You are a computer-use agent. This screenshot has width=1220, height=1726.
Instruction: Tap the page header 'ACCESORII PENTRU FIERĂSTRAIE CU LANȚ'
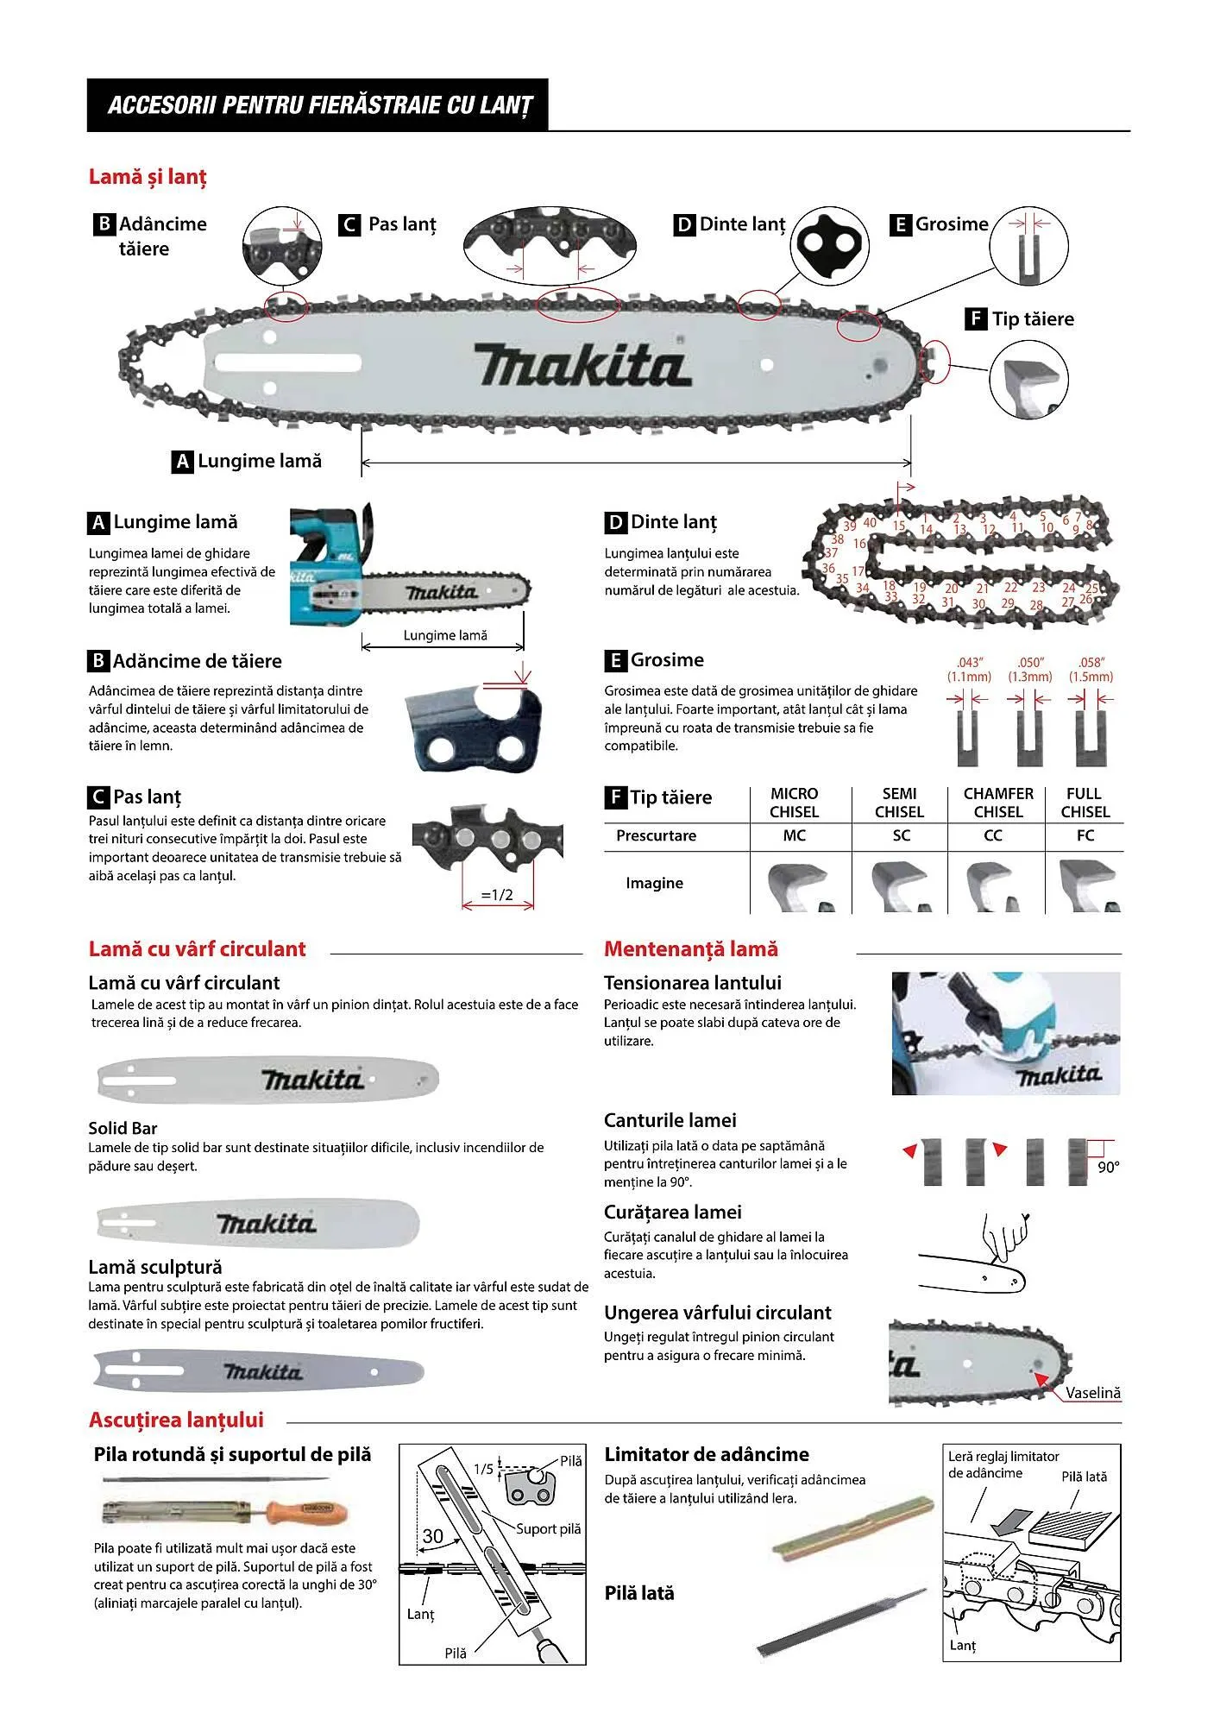coord(319,105)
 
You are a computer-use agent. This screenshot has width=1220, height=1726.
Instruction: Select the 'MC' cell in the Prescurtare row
coord(794,835)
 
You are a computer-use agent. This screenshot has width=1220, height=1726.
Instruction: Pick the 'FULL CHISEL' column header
coord(1085,803)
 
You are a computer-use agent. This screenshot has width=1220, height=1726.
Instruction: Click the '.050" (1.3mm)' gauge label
coord(1030,670)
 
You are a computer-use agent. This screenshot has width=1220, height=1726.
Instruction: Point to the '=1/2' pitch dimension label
coord(497,895)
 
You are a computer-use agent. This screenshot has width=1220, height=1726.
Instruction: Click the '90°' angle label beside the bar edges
coord(1108,1167)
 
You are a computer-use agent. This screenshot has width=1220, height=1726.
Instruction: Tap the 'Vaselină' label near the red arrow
coord(1092,1393)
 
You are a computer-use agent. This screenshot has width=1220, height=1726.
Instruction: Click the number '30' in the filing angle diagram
coord(432,1535)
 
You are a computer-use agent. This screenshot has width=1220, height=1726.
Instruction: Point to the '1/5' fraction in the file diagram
coord(484,1469)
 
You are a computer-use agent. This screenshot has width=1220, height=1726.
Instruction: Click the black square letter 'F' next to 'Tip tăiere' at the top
coord(975,318)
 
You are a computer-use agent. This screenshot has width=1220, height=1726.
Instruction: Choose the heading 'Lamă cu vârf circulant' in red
coord(197,949)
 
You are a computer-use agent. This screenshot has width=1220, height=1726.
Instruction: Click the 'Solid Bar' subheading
coord(123,1128)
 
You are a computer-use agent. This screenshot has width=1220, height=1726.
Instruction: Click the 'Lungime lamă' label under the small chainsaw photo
coord(445,635)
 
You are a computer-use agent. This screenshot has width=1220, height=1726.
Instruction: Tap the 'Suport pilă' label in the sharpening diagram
coord(548,1528)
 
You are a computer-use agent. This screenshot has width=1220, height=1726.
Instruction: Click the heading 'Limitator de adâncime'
coord(707,1454)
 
